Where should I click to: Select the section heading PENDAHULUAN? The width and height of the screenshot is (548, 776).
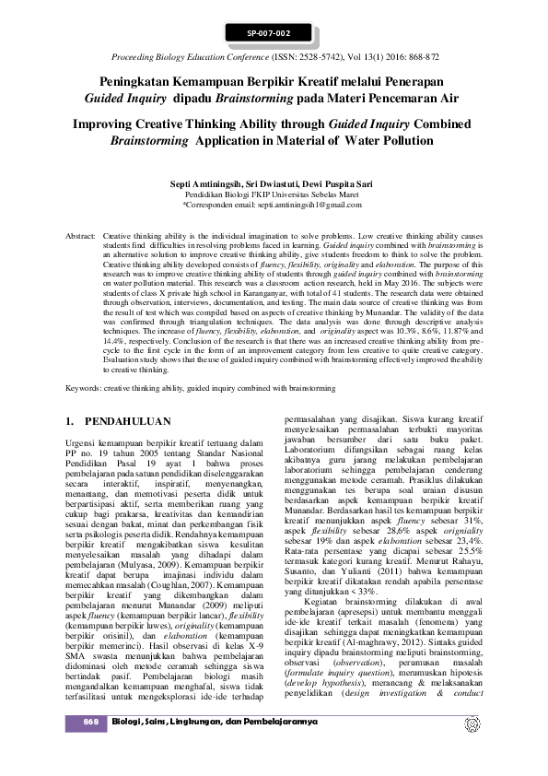[127, 421]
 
